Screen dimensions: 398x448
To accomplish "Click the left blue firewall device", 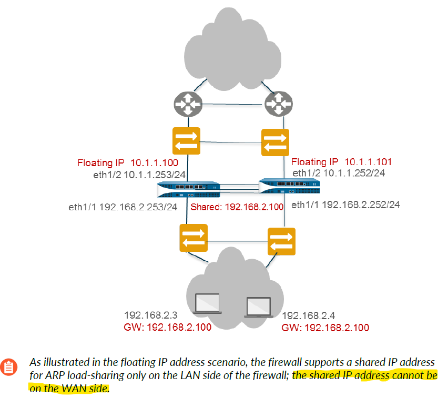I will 188,189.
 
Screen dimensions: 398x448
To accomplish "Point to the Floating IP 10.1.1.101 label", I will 342,162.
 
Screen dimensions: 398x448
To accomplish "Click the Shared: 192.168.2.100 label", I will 237,207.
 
